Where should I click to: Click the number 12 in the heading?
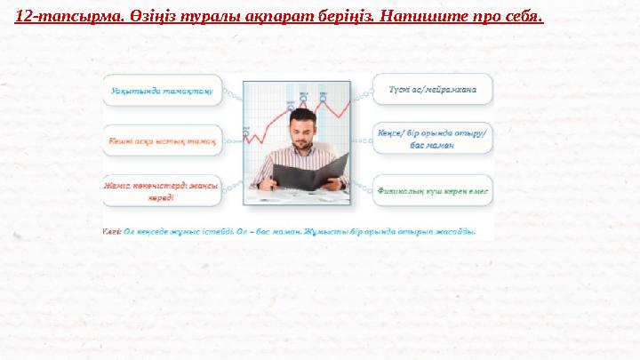[26, 16]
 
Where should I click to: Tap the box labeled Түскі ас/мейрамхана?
[439, 89]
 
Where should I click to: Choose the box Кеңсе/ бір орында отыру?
[439, 139]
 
